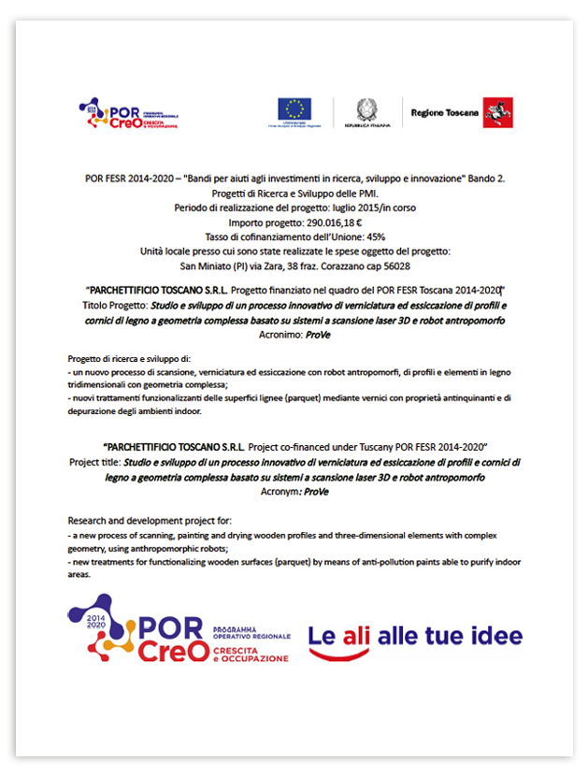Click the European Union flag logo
click(x=294, y=108)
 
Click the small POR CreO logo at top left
click(x=127, y=115)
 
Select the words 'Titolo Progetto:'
click(x=116, y=305)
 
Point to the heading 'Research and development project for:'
click(x=149, y=520)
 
